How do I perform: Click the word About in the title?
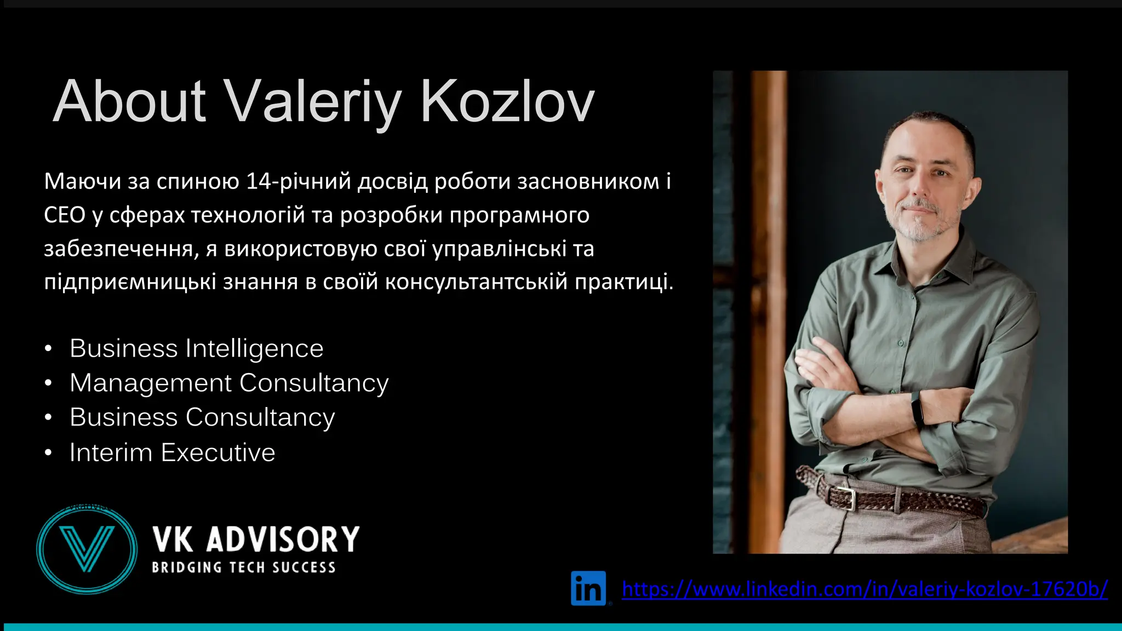pos(130,102)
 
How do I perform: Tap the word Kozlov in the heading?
pos(507,102)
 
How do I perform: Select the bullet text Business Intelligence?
pos(196,348)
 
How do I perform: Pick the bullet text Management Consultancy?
pos(229,383)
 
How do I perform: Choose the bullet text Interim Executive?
pos(172,452)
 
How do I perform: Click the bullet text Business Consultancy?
pos(202,417)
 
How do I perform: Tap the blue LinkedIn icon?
pos(588,588)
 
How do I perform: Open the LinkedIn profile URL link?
pos(865,589)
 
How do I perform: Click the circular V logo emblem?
pos(87,549)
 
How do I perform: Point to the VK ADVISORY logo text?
pos(256,540)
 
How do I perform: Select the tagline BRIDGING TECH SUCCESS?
pos(244,567)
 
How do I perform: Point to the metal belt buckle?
pos(847,497)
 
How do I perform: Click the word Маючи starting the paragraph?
pos(82,181)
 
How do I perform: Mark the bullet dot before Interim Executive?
pos(48,453)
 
